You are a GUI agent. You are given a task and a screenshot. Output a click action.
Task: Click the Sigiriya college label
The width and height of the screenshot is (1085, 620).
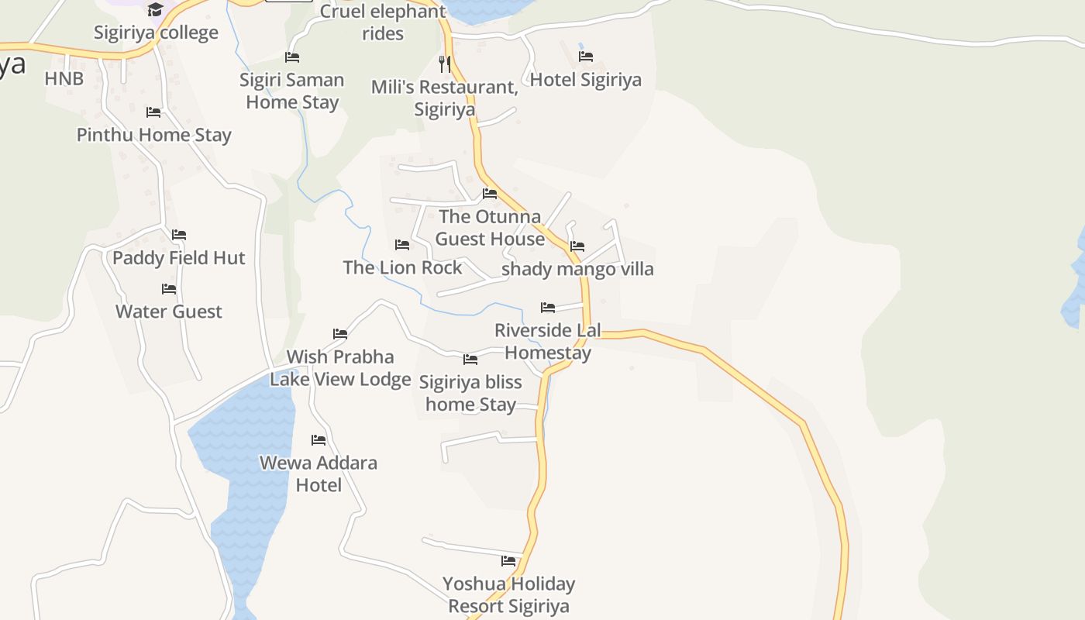pos(156,33)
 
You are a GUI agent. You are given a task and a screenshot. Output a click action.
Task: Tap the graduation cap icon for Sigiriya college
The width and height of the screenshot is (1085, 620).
pos(156,9)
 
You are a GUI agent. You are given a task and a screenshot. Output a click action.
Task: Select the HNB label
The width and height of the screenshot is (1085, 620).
pos(64,78)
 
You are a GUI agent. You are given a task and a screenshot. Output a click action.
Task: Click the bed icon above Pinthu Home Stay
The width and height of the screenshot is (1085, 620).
pos(153,112)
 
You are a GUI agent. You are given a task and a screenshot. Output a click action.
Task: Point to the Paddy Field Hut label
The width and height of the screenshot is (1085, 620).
pos(179,258)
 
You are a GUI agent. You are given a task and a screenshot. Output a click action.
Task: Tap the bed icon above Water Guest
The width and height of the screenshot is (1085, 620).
pos(169,289)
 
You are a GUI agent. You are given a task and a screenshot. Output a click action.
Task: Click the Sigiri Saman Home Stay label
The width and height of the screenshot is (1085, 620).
pos(292,91)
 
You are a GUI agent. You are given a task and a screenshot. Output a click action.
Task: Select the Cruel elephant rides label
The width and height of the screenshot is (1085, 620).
pos(383,22)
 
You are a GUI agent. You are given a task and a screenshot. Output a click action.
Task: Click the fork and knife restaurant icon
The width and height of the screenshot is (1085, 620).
pos(445,64)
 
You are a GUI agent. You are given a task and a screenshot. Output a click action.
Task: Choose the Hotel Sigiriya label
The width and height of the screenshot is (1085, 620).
pos(586,80)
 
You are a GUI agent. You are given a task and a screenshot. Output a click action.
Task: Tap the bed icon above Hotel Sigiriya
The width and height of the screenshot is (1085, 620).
pos(586,57)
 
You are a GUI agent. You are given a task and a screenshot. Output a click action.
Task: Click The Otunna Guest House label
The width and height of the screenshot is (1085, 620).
pos(490,227)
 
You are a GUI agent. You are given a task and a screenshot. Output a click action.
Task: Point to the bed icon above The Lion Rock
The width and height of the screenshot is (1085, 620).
pos(402,245)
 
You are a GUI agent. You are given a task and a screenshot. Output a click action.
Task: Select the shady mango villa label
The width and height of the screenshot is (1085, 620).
pos(578,269)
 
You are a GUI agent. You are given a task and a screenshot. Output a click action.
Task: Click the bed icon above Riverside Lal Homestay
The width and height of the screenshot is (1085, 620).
pos(548,308)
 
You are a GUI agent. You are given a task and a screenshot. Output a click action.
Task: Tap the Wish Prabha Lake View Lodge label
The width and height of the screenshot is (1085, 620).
pos(340,368)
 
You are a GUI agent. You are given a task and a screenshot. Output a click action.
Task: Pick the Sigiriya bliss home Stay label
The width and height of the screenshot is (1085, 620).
pos(470,393)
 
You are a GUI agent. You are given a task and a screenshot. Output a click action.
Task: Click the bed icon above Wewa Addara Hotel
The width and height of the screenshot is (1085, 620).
pos(319,440)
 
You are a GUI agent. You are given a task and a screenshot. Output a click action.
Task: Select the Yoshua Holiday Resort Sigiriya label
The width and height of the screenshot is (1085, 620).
pos(508,594)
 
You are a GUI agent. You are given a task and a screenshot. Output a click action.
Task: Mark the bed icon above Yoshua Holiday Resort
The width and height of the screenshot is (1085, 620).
pos(508,561)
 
